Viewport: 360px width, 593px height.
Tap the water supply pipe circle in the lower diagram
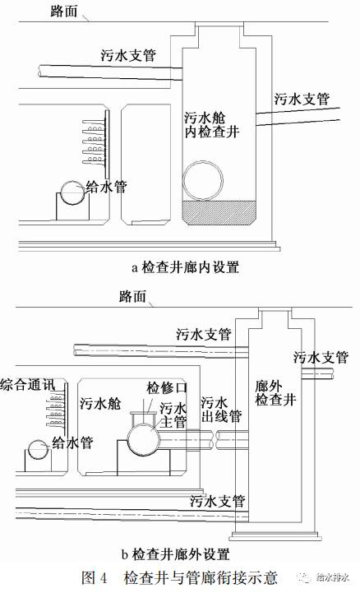tap(38, 451)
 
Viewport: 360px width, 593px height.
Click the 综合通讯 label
tap(30, 385)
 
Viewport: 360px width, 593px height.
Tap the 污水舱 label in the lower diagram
tap(101, 404)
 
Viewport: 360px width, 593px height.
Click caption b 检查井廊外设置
tap(176, 553)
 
